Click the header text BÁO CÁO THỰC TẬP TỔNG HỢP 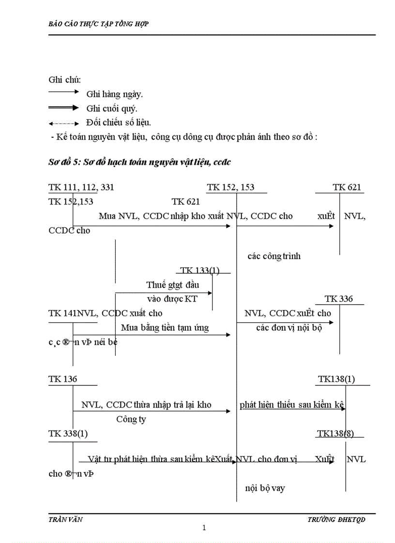pyautogui.click(x=99, y=24)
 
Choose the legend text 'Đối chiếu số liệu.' pyautogui.click(x=122, y=123)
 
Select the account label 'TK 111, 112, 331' pyautogui.click(x=81, y=188)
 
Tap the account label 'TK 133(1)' pyautogui.click(x=199, y=271)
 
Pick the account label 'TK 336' pyautogui.click(x=339, y=299)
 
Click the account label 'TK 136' pyautogui.click(x=63, y=379)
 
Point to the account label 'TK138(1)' pyautogui.click(x=336, y=379)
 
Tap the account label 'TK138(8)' pyautogui.click(x=335, y=434)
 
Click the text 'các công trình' pyautogui.click(x=274, y=256)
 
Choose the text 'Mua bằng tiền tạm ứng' pyautogui.click(x=165, y=328)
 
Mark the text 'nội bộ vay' pyautogui.click(x=265, y=488)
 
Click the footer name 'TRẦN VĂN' pyautogui.click(x=66, y=519)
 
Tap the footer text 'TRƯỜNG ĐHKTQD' pyautogui.click(x=336, y=519)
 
